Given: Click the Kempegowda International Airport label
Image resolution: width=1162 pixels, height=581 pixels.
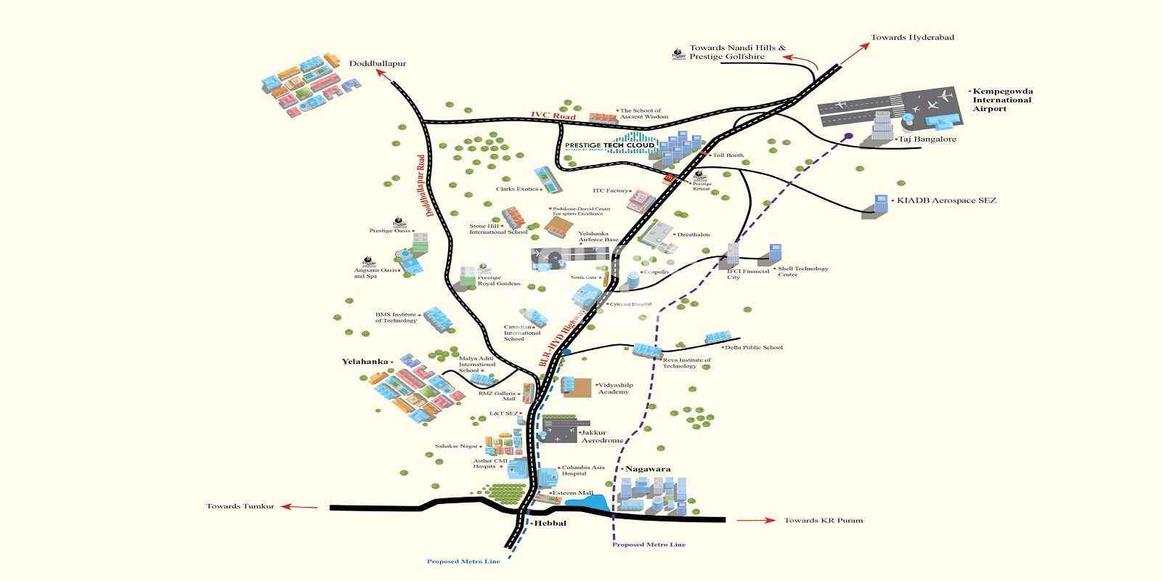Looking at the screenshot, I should click(x=1002, y=100).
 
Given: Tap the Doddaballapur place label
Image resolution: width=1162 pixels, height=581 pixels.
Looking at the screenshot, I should click(x=378, y=64).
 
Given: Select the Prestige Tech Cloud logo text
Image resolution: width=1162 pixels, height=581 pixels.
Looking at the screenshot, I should click(x=609, y=145).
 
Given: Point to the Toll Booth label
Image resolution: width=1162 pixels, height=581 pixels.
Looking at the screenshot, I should click(x=728, y=155).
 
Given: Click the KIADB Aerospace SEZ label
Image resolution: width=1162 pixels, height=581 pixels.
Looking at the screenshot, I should click(x=946, y=200).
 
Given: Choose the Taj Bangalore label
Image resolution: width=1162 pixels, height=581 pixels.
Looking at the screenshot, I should click(x=927, y=139).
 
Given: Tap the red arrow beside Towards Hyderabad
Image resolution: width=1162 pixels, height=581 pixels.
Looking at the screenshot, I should click(x=855, y=53).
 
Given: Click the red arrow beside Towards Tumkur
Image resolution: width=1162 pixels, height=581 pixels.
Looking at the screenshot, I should click(x=299, y=507).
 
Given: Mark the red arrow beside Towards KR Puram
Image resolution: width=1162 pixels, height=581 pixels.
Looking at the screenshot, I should click(x=756, y=521).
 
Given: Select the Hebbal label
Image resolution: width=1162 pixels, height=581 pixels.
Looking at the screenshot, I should click(x=550, y=524).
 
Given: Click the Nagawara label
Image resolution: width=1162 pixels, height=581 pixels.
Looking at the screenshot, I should click(x=648, y=469).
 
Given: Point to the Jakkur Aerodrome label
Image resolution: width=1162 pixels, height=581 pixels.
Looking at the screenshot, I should click(x=602, y=436).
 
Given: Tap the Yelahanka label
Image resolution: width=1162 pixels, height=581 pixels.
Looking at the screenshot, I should click(x=365, y=362).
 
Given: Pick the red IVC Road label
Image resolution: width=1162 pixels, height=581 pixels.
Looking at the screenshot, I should click(x=553, y=115).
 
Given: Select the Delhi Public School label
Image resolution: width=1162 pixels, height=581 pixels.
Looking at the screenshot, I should click(x=754, y=348).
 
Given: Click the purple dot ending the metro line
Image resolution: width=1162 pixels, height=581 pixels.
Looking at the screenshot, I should click(x=848, y=136).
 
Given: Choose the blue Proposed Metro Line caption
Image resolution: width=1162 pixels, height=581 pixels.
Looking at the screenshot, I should click(x=463, y=561).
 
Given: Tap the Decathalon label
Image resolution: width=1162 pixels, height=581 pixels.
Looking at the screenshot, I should click(x=694, y=235).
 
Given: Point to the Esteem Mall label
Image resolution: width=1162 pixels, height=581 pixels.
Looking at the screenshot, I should click(x=573, y=493).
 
